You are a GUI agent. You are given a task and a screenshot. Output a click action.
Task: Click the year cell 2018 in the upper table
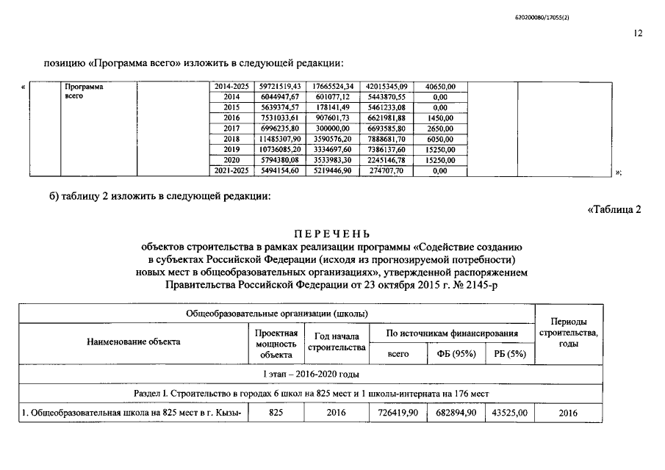[x=231, y=139]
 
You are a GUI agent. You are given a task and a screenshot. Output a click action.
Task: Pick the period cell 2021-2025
[x=231, y=170]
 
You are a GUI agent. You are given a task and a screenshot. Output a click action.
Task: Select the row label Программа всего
[x=84, y=92]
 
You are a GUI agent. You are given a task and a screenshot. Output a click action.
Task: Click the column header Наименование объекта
[x=133, y=341]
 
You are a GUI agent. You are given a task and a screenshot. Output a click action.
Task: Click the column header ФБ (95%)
[x=453, y=354]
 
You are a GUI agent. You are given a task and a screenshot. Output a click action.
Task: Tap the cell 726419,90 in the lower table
[x=398, y=414]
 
